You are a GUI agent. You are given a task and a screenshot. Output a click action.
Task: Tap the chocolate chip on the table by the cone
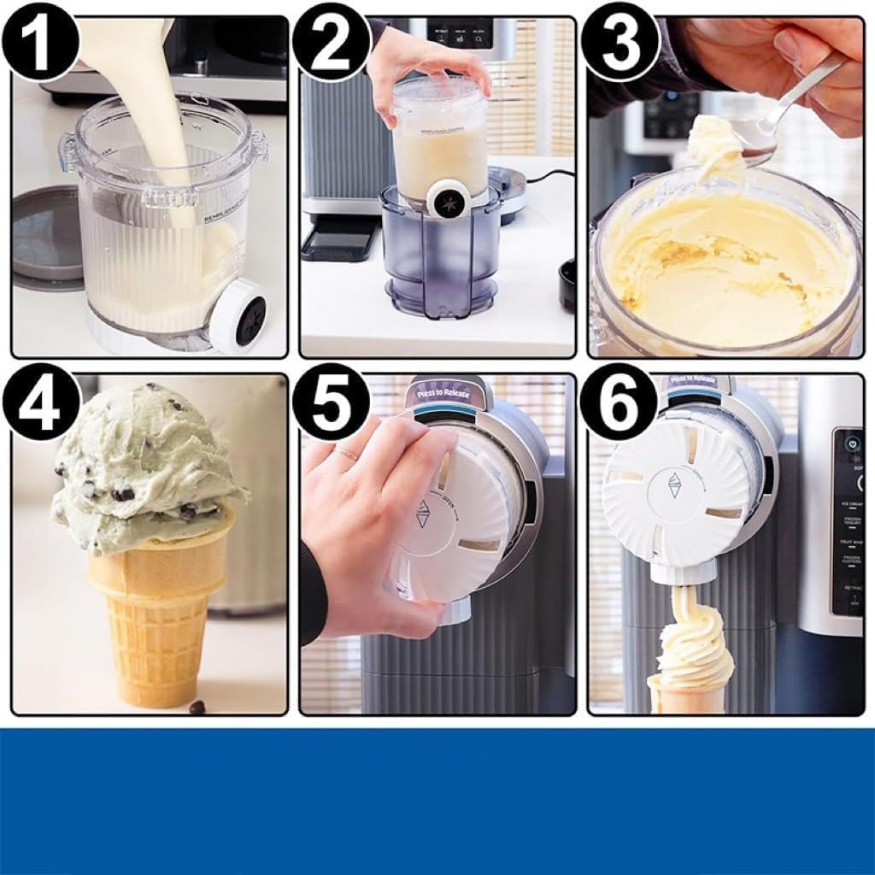tap(197, 708)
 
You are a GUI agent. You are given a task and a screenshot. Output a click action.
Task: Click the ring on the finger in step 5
tap(346, 454)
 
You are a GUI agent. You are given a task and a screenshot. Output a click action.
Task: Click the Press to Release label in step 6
tap(692, 380)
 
